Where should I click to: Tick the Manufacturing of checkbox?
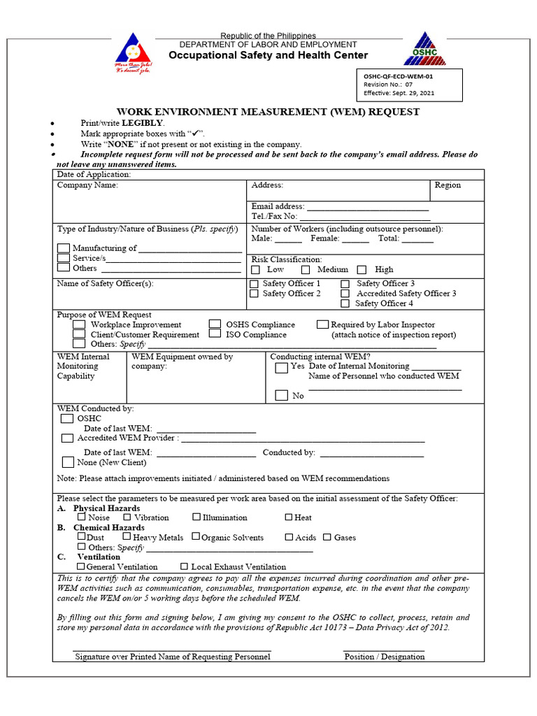click(64, 248)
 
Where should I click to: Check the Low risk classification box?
click(255, 270)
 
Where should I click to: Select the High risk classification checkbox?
click(361, 270)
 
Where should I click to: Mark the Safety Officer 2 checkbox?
click(255, 294)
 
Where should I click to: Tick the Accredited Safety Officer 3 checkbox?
click(345, 294)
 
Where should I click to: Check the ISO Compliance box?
click(215, 335)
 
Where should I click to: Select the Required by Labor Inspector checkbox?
click(322, 324)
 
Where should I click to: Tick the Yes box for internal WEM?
click(281, 368)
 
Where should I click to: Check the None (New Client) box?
click(68, 462)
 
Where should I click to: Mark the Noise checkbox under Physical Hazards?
click(82, 517)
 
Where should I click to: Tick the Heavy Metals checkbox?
click(127, 537)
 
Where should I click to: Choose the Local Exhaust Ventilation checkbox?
click(184, 566)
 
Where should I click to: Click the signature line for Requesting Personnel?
click(172, 651)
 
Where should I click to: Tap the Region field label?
click(447, 185)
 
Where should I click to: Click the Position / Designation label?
click(384, 657)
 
